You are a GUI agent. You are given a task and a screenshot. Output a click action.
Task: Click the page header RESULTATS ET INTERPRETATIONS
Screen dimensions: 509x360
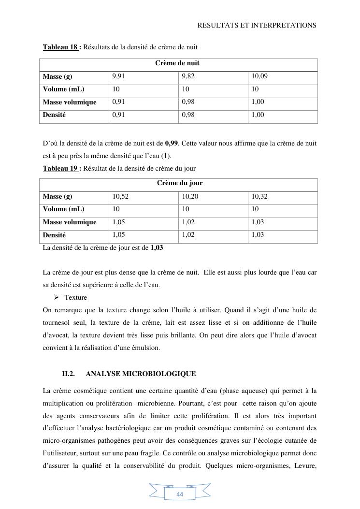(257, 25)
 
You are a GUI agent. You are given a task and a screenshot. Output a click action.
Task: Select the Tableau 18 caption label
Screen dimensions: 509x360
(62, 47)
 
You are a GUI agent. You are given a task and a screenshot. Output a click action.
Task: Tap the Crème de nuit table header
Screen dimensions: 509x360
(177, 63)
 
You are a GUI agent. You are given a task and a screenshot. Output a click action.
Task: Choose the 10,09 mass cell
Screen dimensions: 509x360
(259, 76)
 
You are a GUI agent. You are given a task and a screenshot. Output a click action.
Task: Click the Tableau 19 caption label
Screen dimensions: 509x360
(62, 168)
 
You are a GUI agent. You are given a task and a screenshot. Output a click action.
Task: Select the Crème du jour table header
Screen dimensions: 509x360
(180, 183)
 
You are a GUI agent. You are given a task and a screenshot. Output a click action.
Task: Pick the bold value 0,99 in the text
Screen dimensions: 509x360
(172, 144)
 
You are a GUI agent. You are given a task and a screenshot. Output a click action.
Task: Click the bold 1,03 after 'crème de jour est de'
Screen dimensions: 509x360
(157, 247)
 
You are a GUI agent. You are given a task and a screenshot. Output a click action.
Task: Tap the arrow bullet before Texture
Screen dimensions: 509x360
(56, 297)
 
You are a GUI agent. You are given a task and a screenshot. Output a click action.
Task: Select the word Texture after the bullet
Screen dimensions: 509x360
(75, 297)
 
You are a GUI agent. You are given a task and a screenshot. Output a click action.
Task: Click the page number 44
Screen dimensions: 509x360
(180, 494)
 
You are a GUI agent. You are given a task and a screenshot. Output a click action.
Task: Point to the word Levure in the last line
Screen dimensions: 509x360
(304, 466)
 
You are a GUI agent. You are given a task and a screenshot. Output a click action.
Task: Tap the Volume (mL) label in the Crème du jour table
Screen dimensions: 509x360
(63, 209)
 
